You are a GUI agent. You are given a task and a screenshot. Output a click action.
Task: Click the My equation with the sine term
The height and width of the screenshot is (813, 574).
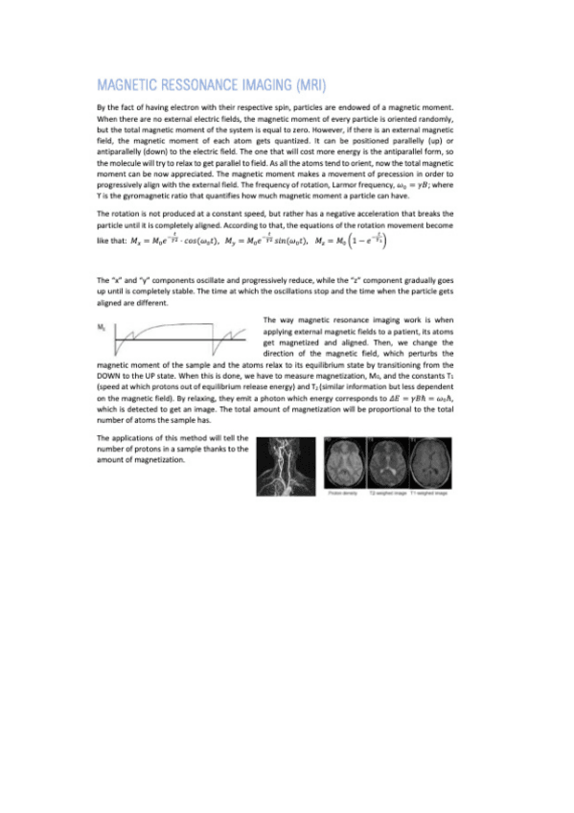(x=273, y=240)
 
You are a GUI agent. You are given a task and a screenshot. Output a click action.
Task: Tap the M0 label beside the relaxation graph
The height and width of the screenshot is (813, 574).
(x=102, y=327)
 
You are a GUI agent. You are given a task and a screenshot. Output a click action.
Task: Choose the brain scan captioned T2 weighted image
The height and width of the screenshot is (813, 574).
(x=388, y=463)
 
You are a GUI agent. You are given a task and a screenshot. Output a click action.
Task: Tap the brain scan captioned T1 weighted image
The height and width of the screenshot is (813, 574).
(x=430, y=463)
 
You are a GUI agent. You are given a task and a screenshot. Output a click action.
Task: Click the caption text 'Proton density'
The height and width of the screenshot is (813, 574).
(x=342, y=494)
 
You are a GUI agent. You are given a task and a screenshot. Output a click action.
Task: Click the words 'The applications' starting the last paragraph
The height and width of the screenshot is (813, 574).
(x=124, y=438)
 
